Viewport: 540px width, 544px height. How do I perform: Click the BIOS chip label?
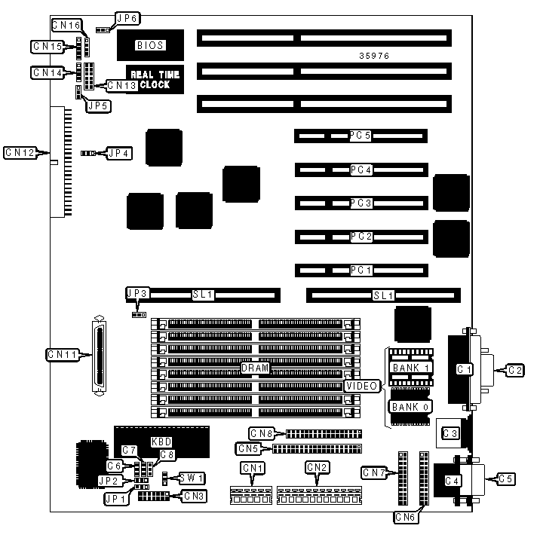pyautogui.click(x=149, y=45)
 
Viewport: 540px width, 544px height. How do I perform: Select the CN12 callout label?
pyautogui.click(x=19, y=152)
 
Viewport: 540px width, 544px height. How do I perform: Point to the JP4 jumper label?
pyautogui.click(x=119, y=153)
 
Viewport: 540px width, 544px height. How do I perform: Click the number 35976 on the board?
pyautogui.click(x=373, y=57)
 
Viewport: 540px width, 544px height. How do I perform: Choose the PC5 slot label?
pyautogui.click(x=360, y=136)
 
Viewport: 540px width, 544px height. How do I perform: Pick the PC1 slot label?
pyautogui.click(x=360, y=270)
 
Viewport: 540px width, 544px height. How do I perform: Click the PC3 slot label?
pyautogui.click(x=360, y=203)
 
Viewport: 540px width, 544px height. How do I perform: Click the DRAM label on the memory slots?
pyautogui.click(x=255, y=368)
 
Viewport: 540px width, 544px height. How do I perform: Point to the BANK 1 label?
pyautogui.click(x=410, y=368)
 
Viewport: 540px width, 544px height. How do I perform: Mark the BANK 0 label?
pyautogui.click(x=410, y=407)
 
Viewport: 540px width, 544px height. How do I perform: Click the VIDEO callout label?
pyautogui.click(x=361, y=386)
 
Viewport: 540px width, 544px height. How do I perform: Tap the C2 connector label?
pyautogui.click(x=515, y=369)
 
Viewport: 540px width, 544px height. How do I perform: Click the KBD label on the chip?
pyautogui.click(x=161, y=440)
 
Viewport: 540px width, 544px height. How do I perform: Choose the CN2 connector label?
pyautogui.click(x=317, y=468)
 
